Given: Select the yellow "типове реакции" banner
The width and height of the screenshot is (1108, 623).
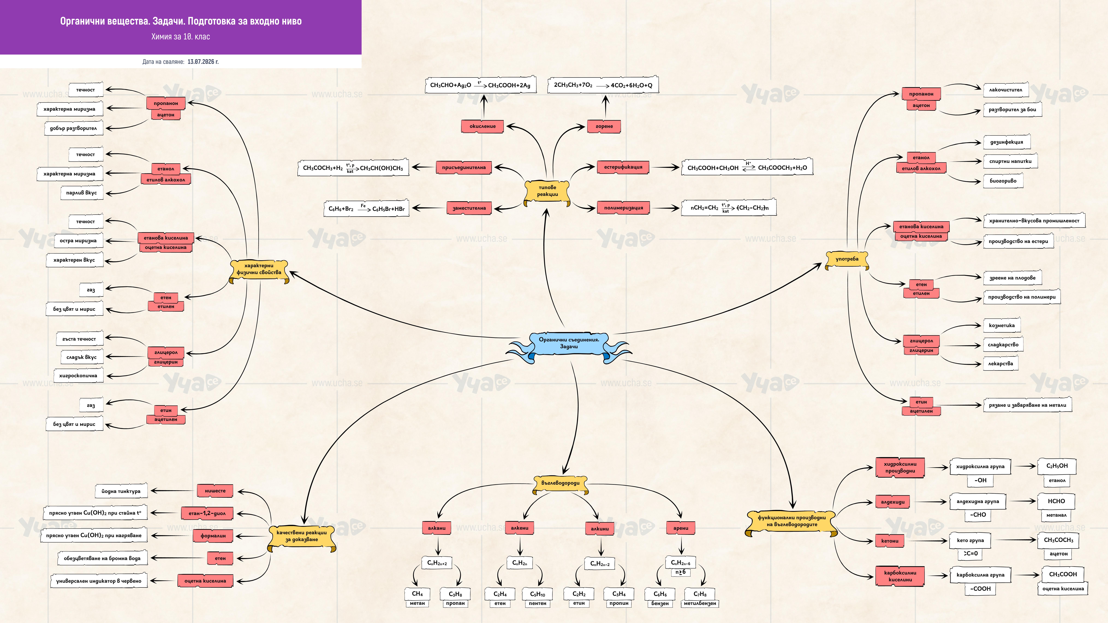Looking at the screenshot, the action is [x=547, y=191].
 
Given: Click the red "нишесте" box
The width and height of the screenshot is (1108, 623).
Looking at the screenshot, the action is [x=215, y=491].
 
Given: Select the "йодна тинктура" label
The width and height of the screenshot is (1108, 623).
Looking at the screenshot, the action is [x=121, y=491].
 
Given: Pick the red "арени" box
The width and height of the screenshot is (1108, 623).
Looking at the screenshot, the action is [x=680, y=528].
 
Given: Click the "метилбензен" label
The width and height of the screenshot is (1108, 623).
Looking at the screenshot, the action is [x=700, y=603].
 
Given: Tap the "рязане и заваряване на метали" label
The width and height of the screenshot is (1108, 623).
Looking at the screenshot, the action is [x=1027, y=405].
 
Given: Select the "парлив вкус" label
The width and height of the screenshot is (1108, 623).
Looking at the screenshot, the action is [x=82, y=193].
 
